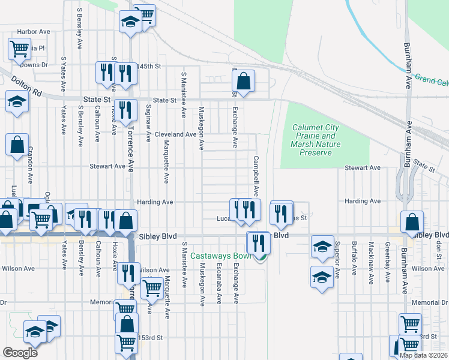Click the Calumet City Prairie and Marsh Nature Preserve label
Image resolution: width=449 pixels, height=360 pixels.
pos(315,140)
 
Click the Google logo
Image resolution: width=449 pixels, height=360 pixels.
pos(20,352)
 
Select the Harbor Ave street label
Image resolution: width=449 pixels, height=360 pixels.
pos(34,31)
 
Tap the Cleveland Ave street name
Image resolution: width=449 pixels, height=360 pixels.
pos(175,134)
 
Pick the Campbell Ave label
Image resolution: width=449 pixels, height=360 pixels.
pos(256,176)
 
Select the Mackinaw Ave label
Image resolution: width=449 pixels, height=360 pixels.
pos(372,259)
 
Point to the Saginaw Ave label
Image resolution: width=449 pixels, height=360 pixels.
pos(148,122)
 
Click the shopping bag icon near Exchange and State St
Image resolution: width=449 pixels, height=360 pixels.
pos(244,81)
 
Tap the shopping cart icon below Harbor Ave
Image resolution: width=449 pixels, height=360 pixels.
pos(19,48)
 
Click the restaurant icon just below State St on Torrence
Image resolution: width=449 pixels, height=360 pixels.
pos(125,110)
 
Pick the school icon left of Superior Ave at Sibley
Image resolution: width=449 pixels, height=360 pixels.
pos(322,246)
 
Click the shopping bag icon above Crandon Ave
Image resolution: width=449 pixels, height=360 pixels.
pos(17,145)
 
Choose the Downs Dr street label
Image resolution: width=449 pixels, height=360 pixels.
pos(36,65)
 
